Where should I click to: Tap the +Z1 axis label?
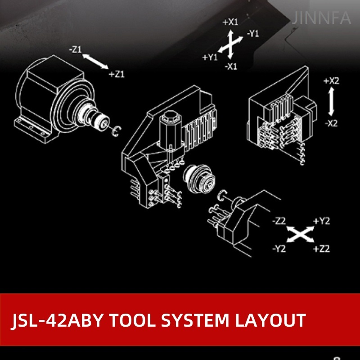[117, 74]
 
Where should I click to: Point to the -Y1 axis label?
[252, 34]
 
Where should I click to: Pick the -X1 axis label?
[231, 67]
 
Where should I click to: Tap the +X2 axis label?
[331, 81]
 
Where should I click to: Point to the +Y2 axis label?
[322, 221]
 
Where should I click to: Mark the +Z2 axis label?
[322, 248]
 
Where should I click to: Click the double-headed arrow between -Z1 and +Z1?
[95, 62]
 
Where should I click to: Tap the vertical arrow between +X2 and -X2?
[331, 102]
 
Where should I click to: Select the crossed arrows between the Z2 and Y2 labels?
[301, 234]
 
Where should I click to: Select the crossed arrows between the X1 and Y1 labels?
[230, 44]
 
